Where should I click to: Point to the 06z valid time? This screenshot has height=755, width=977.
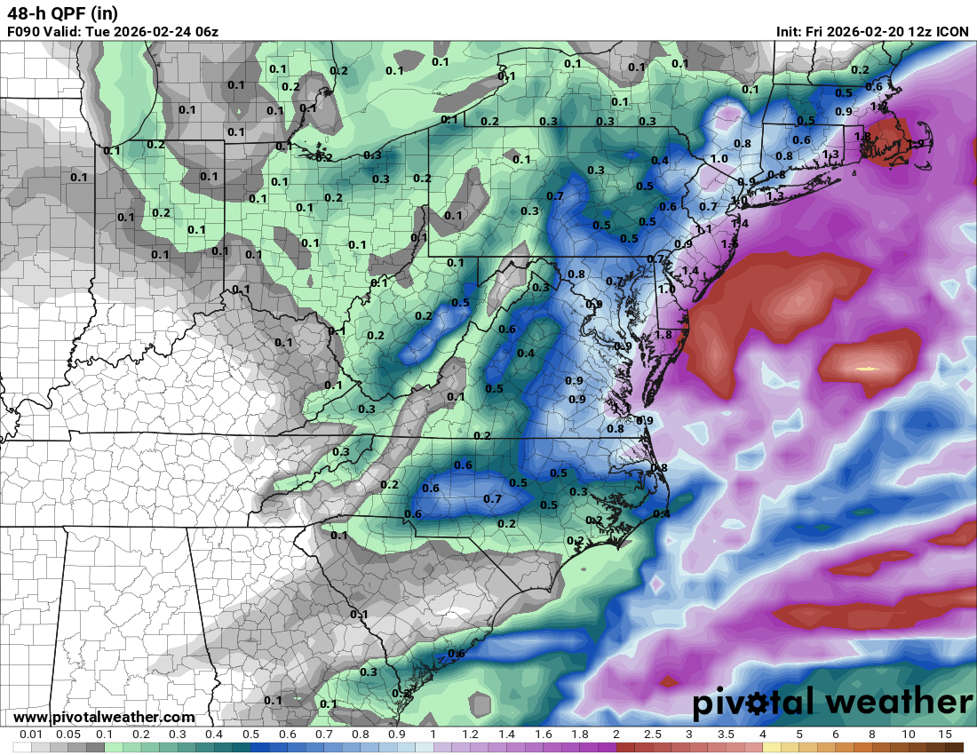coord(206,32)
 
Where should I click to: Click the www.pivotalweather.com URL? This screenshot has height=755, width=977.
coord(104,717)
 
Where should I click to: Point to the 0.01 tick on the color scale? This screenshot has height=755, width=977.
coord(33,735)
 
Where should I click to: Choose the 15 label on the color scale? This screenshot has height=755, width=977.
coord(945,735)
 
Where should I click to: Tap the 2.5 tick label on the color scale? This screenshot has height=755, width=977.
coord(653,735)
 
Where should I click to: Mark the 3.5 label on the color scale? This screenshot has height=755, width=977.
coord(726,735)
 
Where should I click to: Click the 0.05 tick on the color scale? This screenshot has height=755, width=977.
coord(68,735)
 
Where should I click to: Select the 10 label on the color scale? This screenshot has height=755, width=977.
coord(908,735)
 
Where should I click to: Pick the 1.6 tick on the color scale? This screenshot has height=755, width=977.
coord(543,735)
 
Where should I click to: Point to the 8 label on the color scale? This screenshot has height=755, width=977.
coord(872,735)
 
